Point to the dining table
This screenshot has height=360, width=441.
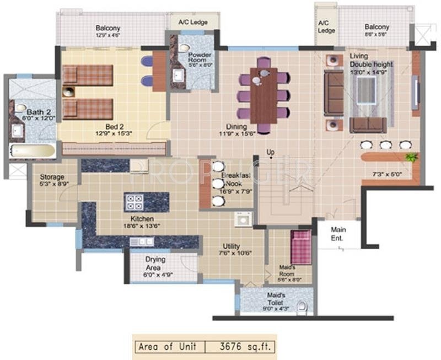pyautogui.click(x=263, y=95)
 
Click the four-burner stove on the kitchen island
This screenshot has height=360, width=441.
pyautogui.click(x=135, y=202)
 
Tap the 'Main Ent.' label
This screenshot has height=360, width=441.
pyautogui.click(x=337, y=234)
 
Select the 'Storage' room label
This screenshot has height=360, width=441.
pyautogui.click(x=52, y=178)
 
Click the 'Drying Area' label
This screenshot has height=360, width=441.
pyautogui.click(x=156, y=263)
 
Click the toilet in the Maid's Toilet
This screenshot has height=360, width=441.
pyautogui.click(x=302, y=308)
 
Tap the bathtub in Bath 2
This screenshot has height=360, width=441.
pyautogui.click(x=31, y=151)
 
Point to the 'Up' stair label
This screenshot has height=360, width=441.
pyautogui.click(x=270, y=152)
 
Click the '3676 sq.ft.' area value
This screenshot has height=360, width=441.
pyautogui.click(x=239, y=347)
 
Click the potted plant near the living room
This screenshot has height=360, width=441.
pyautogui.click(x=410, y=158)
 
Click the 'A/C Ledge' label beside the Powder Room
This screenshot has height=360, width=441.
pyautogui.click(x=192, y=23)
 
